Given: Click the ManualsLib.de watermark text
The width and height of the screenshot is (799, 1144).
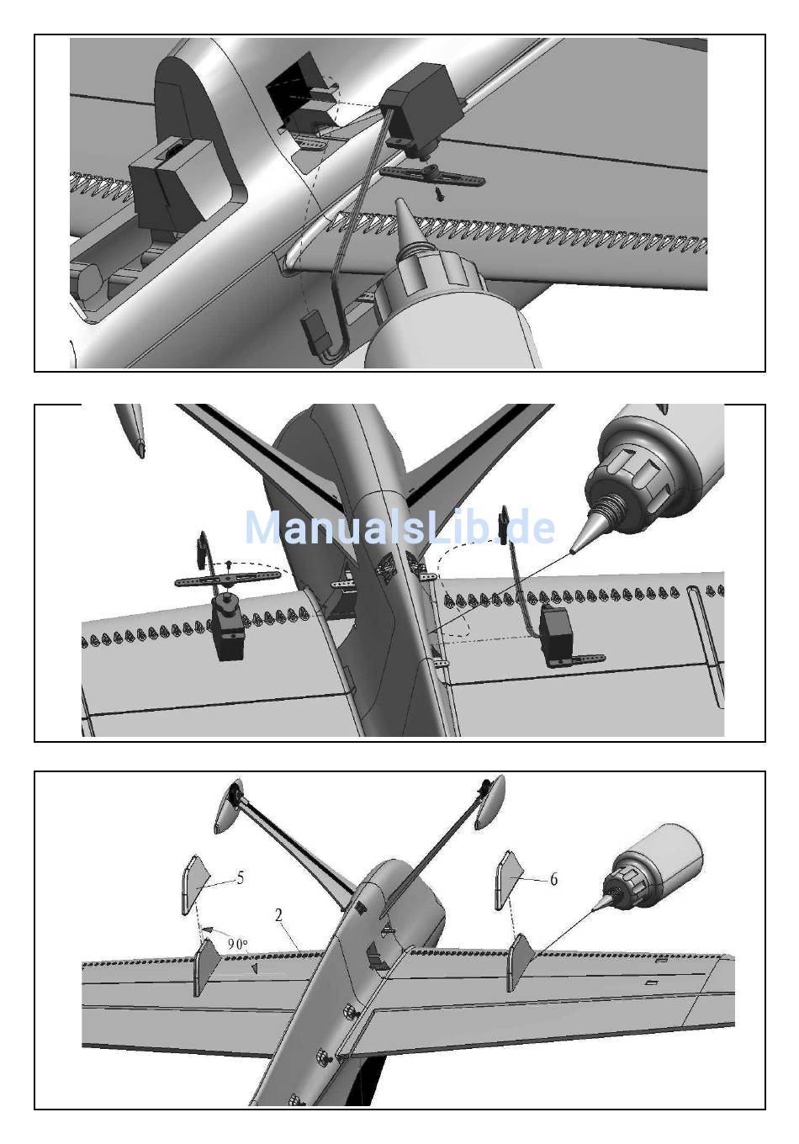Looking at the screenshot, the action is (399, 527).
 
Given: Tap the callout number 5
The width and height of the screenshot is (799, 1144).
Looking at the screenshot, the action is (240, 878).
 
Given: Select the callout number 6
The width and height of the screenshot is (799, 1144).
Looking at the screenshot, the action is (553, 879).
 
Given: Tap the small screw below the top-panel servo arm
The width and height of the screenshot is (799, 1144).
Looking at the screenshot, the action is (438, 193).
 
